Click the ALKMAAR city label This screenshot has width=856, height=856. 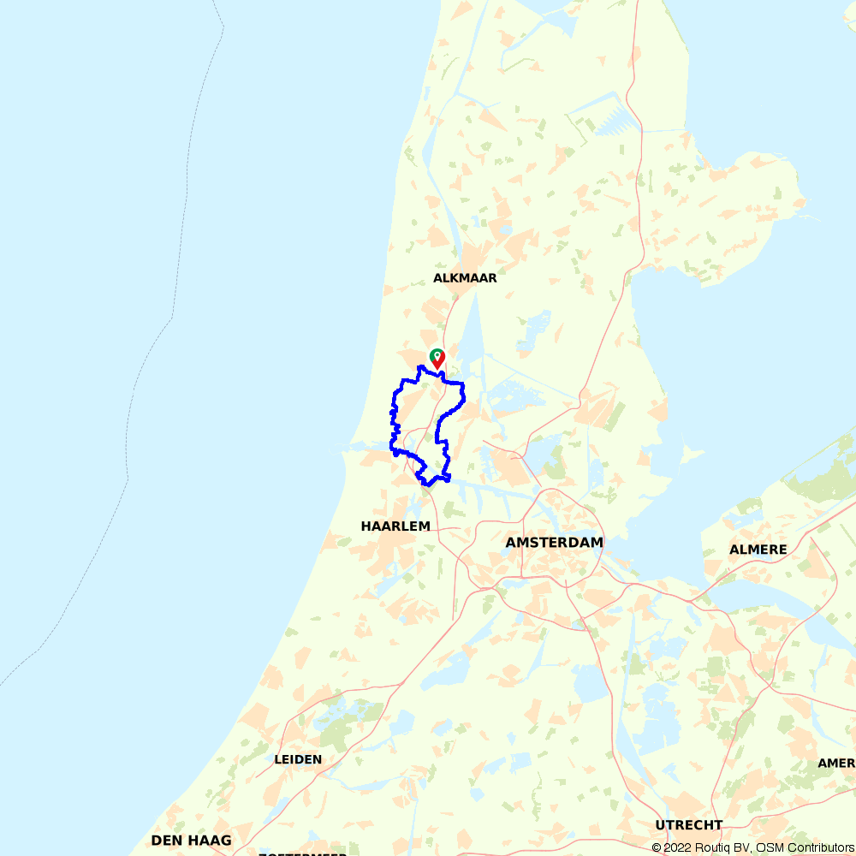(465, 278)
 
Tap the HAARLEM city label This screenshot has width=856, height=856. (395, 526)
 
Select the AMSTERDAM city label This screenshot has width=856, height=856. (554, 543)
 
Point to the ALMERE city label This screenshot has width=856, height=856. (758, 550)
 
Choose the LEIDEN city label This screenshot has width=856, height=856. (298, 759)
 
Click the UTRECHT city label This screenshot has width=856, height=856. (689, 825)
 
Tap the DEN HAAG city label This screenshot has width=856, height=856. (191, 841)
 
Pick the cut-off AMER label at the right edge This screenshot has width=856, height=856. (836, 763)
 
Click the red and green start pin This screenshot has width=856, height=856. (437, 358)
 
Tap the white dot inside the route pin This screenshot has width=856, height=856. (437, 354)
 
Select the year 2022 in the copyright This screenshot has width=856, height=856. (676, 848)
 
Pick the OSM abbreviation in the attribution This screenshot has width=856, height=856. (766, 848)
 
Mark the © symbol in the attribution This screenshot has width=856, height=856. (657, 848)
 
